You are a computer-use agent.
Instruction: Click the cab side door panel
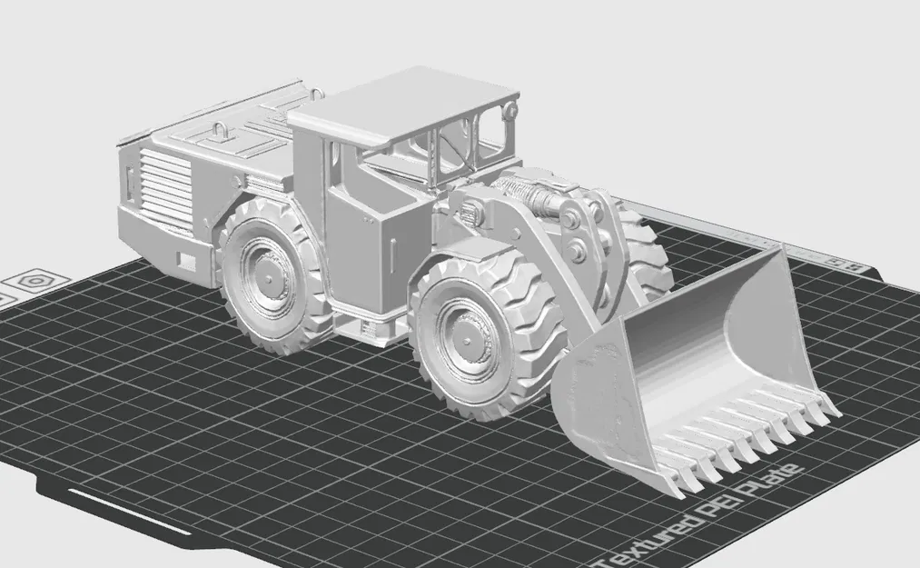[355, 240]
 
